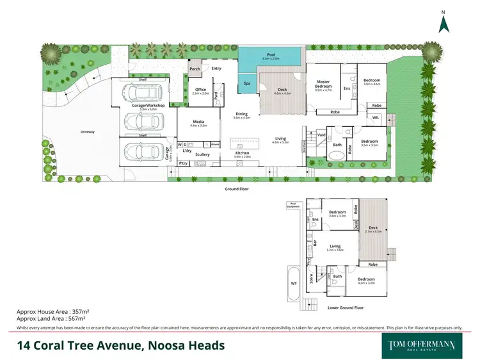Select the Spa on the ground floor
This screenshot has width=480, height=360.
coord(247,83)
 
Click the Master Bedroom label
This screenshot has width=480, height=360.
coord(323,84)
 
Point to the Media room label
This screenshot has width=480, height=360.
coord(200,124)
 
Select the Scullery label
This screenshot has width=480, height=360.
coord(202,154)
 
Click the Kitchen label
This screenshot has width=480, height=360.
coord(242,153)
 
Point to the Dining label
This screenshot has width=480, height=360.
coord(242,115)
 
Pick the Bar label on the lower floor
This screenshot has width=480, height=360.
coord(316,242)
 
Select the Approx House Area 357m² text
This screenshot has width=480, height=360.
coord(51,312)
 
